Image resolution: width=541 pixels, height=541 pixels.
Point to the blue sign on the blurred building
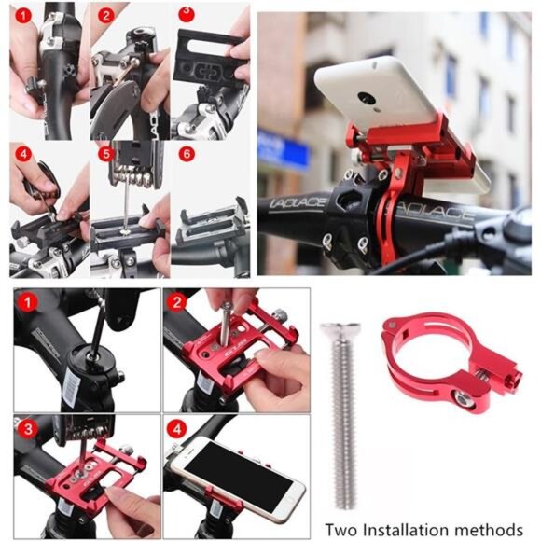click(283, 150)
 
